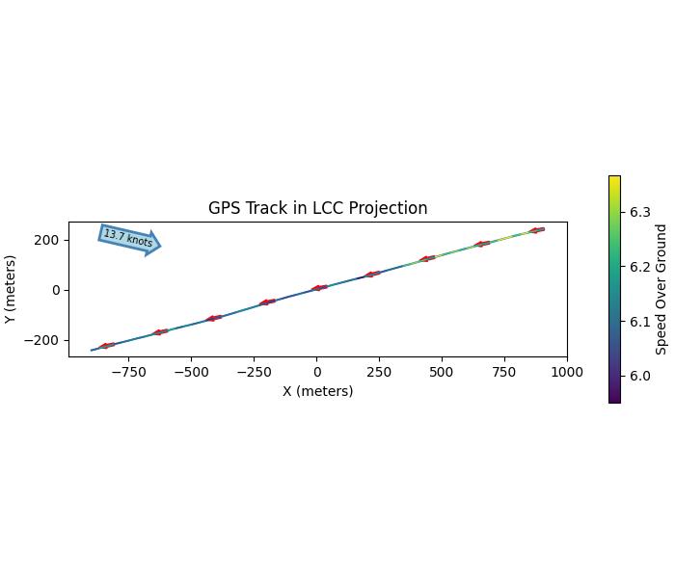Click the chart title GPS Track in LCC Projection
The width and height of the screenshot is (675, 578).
pos(317,208)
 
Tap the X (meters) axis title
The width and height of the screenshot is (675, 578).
pos(317,391)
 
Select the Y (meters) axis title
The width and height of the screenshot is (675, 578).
pos(11,289)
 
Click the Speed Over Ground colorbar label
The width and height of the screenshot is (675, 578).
pos(661,289)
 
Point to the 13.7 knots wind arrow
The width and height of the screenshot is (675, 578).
pos(129,239)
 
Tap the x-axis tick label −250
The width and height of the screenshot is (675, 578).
pos(254,372)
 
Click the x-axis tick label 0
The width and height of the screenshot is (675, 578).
pos(316,372)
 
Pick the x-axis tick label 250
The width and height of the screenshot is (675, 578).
pos(379,372)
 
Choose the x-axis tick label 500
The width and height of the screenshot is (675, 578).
pos(442,372)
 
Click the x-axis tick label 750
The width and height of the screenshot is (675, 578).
pos(504,372)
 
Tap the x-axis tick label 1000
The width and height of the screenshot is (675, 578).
pos(567,372)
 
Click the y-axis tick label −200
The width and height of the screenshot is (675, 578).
pos(44,340)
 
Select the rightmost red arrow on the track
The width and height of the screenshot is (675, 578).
pos(537,230)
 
